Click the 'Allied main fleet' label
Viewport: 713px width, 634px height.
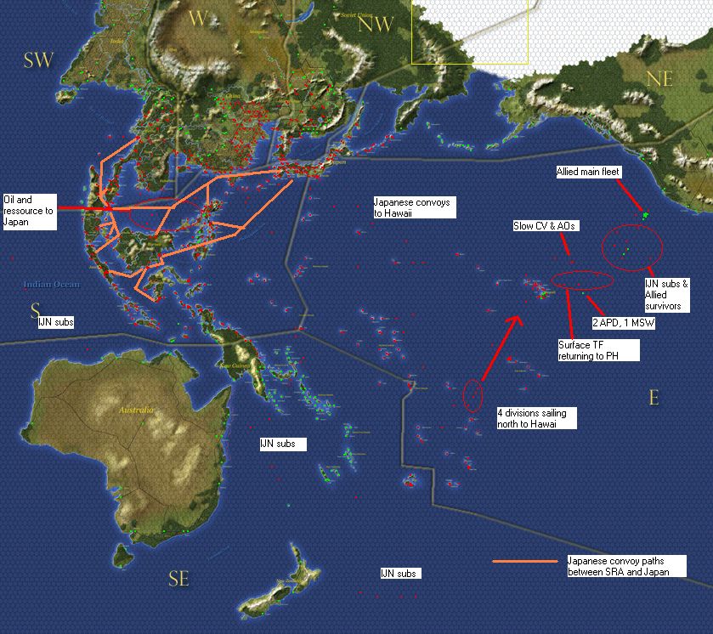click(588, 172)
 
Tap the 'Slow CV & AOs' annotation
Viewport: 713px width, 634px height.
click(546, 227)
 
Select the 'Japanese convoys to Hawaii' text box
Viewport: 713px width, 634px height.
click(411, 208)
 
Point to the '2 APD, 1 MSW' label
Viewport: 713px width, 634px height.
click(623, 324)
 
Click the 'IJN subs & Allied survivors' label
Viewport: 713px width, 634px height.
click(667, 294)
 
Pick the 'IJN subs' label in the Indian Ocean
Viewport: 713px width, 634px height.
click(56, 323)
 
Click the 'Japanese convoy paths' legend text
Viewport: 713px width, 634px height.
click(615, 566)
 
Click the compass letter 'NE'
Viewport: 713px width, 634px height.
click(659, 79)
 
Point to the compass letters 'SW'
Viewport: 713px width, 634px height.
click(38, 59)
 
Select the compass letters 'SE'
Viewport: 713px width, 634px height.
click(178, 580)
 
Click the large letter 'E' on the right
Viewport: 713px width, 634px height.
click(654, 397)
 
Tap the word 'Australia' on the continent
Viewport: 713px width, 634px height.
click(135, 410)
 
